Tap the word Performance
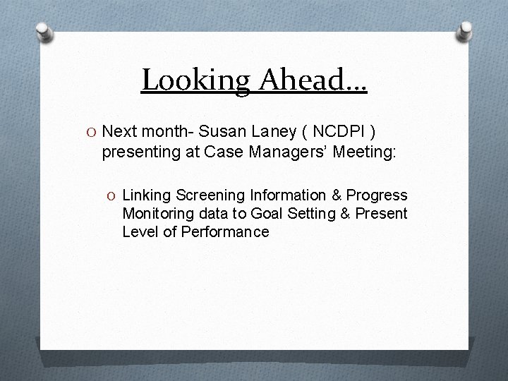(x=225, y=231)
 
